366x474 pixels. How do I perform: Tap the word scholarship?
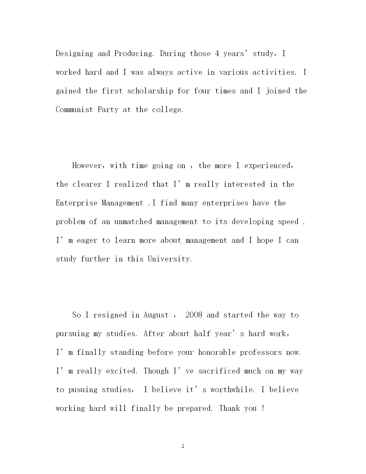150,91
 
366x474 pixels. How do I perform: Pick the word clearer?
87,184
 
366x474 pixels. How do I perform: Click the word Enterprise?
76,203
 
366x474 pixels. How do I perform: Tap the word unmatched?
133,222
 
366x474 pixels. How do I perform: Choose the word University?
169,259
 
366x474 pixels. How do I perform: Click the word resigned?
110,315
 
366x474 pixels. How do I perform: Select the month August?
156,315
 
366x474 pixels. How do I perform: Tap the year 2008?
194,315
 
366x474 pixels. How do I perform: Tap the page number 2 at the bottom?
183,446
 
